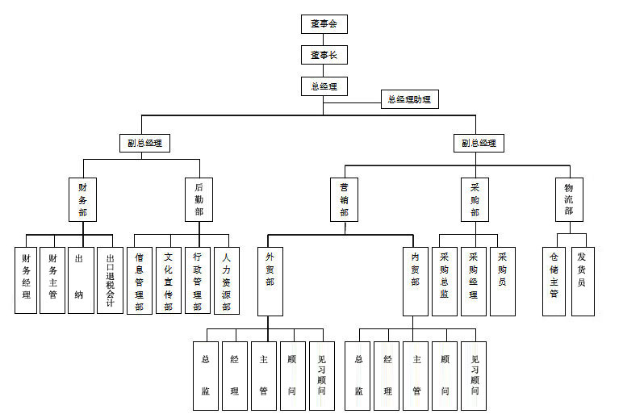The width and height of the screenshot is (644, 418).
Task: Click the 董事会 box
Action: pos(323,23)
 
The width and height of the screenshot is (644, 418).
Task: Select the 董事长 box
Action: pos(323,55)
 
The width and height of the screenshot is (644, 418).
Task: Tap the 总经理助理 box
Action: pos(409,99)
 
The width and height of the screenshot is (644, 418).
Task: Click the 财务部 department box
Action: pos(82,199)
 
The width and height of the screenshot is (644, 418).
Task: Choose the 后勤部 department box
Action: pos(199,199)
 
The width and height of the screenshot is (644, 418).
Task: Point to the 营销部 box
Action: pos(344,199)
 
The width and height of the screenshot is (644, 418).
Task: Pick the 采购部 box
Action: pos(475,199)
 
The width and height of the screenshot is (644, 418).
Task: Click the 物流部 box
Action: pos(568,199)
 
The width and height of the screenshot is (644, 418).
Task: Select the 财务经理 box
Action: pos(26,280)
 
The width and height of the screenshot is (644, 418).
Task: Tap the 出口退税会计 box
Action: pos(110,280)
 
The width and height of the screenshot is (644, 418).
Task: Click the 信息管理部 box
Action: pos(139,280)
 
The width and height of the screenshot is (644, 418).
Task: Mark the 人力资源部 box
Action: pos(227,280)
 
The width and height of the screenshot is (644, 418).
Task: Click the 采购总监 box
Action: pos(444,281)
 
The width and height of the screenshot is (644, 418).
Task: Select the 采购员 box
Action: pos(502,281)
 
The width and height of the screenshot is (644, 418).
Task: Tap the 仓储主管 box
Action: pos(554,281)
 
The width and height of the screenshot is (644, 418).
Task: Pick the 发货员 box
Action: pos(583,281)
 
